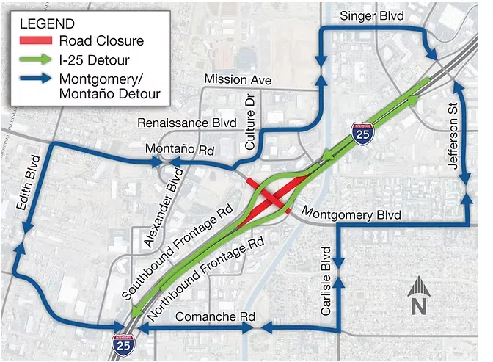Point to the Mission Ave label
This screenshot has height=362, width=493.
click(238, 79)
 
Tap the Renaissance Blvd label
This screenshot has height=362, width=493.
click(185, 123)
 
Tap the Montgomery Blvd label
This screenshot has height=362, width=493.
click(351, 215)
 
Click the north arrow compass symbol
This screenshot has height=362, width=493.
click(417, 294)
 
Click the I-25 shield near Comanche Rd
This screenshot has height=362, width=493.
click(120, 342)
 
